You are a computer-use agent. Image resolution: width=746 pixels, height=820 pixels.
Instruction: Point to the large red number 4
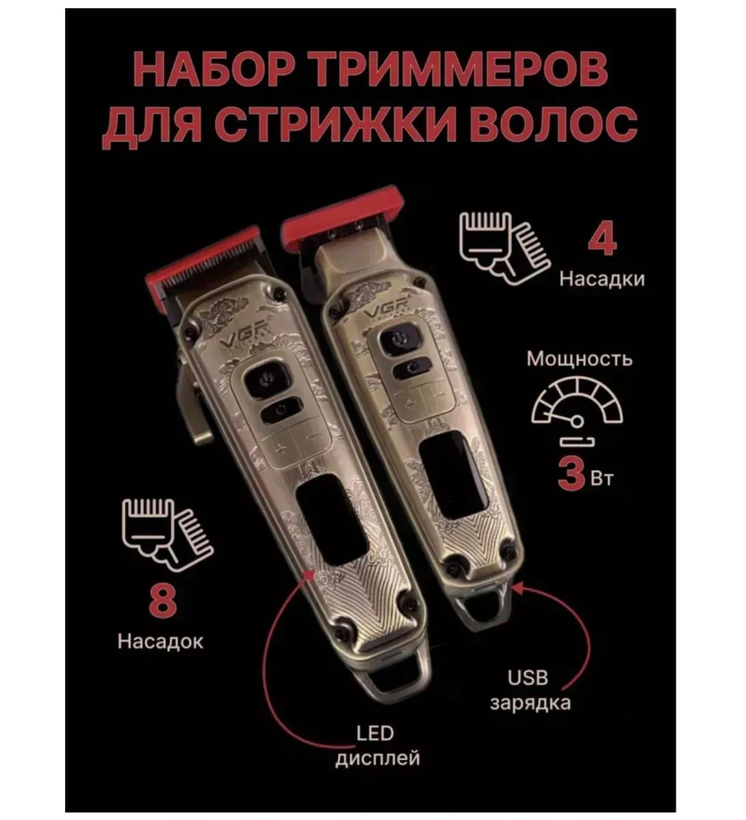click(602, 240)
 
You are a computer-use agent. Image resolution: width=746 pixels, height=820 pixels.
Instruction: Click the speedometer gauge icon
click(577, 405)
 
